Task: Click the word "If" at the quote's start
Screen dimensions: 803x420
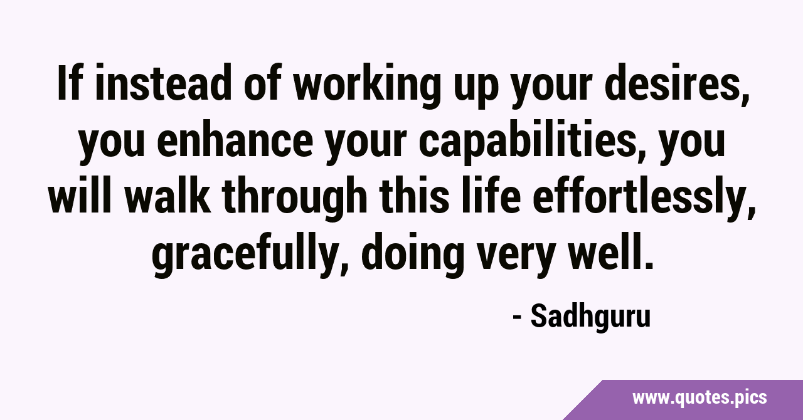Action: (68, 82)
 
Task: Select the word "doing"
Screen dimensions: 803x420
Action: (412, 256)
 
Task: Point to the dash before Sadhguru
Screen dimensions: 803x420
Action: (517, 317)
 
